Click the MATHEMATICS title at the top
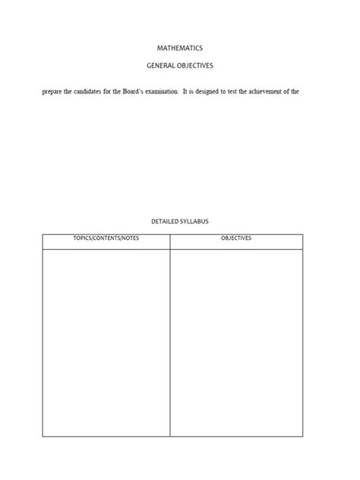coord(180,48)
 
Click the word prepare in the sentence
coord(52,92)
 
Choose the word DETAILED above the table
coord(165,222)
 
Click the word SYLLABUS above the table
coord(195,222)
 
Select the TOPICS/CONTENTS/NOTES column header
coord(106,238)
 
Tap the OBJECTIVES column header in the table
coord(236,238)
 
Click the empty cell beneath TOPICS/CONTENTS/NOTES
coord(106,342)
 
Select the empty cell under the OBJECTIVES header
coord(236,342)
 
